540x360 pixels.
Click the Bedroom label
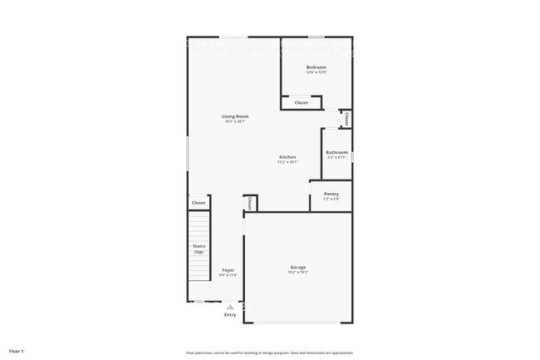316,67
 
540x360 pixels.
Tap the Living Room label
235,116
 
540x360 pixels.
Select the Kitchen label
287,157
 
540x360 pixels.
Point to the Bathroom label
336,152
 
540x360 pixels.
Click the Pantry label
331,194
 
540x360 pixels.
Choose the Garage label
298,267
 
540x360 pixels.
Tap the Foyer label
228,269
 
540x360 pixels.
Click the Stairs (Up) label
199,249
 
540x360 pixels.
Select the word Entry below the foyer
230,314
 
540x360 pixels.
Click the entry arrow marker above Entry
230,306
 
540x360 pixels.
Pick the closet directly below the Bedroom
302,102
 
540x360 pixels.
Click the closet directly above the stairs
199,203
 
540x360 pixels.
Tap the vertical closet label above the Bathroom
346,120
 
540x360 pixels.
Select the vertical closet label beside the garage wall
248,204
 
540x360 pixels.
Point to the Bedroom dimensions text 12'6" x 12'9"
316,72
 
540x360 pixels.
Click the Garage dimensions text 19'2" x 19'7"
298,272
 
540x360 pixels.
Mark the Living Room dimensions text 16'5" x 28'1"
235,121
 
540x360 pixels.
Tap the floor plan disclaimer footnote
269,352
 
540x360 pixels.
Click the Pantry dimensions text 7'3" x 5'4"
331,199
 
